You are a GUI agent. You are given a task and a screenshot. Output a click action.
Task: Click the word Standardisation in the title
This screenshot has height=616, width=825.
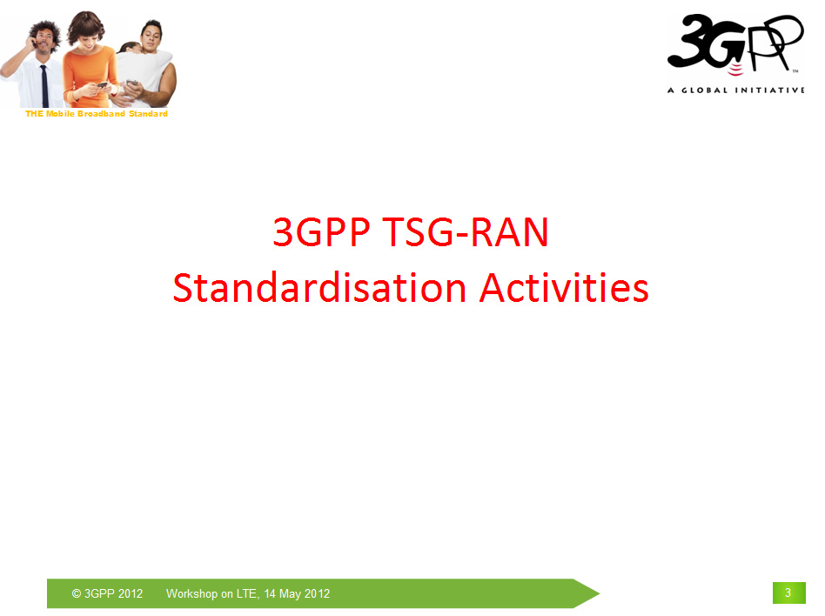pyautogui.click(x=319, y=288)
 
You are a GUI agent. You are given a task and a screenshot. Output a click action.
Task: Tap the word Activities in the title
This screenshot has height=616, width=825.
pyautogui.click(x=564, y=288)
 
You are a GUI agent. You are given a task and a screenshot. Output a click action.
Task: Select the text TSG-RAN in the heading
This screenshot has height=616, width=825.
pyautogui.click(x=465, y=231)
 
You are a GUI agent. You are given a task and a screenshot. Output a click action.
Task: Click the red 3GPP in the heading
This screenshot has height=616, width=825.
pyautogui.click(x=321, y=231)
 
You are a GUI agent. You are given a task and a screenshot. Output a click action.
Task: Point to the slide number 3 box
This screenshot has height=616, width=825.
pyautogui.click(x=788, y=593)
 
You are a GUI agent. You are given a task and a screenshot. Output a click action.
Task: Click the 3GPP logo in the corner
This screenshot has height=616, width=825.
pyautogui.click(x=735, y=44)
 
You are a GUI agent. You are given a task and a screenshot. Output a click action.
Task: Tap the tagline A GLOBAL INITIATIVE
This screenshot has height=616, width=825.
pyautogui.click(x=735, y=90)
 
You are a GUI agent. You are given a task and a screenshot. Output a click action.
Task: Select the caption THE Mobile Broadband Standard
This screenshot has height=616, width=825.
pyautogui.click(x=97, y=114)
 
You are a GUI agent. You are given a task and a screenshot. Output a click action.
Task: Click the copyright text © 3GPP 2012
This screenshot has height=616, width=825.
pyautogui.click(x=107, y=593)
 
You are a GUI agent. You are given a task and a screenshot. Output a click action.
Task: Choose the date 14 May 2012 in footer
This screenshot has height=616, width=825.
pyautogui.click(x=297, y=593)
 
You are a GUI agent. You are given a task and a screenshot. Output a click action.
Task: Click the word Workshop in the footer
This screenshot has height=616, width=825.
pyautogui.click(x=191, y=593)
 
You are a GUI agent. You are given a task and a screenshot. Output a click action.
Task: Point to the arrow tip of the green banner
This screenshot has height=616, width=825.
pyautogui.click(x=600, y=593)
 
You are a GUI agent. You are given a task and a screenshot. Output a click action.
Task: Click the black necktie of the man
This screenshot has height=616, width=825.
pyautogui.click(x=44, y=86)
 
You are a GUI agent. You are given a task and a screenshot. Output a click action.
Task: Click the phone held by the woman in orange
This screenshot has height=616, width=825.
pyautogui.click(x=102, y=85)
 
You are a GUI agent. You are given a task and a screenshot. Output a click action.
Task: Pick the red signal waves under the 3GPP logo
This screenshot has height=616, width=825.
pyautogui.click(x=735, y=69)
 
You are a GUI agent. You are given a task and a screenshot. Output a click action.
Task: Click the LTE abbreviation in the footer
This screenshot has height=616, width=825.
pyautogui.click(x=248, y=593)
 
